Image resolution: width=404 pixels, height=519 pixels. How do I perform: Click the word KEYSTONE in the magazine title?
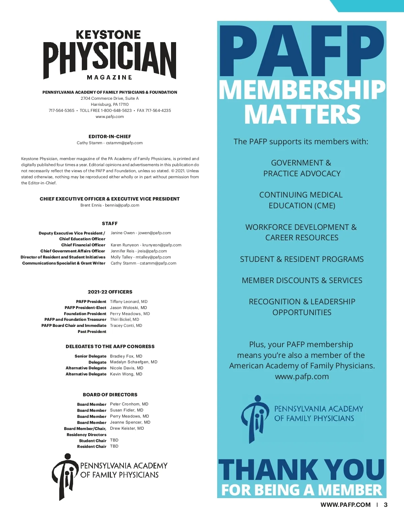108,35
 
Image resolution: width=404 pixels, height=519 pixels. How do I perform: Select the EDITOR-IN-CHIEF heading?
110,136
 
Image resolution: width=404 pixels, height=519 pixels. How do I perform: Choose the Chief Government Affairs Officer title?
73,251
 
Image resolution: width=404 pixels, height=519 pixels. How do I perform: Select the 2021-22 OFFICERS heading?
110,292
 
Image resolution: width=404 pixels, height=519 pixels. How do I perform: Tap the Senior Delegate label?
90,356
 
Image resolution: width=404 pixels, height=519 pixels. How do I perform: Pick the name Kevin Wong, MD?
126,374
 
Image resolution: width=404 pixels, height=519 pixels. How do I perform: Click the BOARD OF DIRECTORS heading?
110,395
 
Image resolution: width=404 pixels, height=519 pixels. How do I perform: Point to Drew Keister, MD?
127,428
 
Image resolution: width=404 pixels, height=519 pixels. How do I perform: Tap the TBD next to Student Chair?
114,440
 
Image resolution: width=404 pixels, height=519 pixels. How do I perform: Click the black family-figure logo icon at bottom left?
64,476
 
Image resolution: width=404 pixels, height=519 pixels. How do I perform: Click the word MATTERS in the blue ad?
302,115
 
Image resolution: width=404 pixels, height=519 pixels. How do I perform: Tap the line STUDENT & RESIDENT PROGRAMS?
302,259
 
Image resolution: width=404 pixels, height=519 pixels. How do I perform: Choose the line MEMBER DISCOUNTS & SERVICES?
302,280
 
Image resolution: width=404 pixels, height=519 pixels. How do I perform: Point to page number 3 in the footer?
386,505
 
